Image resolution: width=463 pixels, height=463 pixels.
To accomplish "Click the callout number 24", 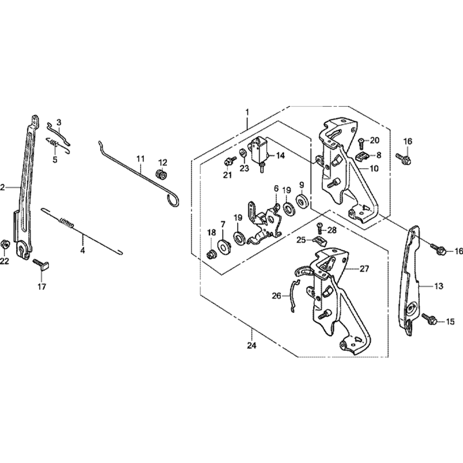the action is click(251, 345).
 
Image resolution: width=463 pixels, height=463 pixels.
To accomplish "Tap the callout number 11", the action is click(141, 159).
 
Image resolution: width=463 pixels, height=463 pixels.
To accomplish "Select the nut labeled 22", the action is click(5, 244).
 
